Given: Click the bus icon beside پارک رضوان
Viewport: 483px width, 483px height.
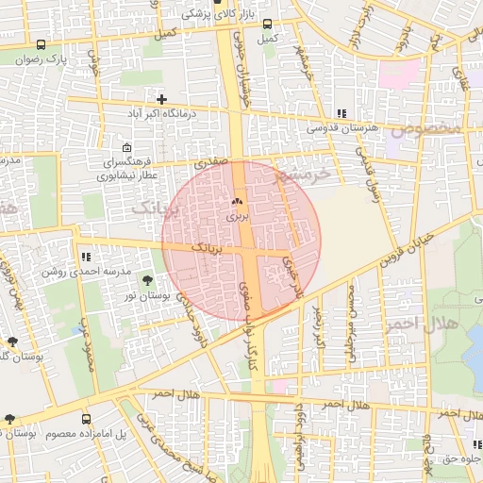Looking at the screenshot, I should tap(40, 44).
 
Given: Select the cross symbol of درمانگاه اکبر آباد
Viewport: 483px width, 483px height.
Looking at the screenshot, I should tap(162, 98).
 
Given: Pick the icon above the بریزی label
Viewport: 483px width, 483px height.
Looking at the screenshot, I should tap(237, 202).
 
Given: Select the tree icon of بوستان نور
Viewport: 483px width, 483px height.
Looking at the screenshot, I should tap(146, 280).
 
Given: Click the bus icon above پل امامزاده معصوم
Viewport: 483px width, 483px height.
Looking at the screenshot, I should tap(87, 419).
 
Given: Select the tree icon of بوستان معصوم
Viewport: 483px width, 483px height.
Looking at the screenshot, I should tap(9, 419).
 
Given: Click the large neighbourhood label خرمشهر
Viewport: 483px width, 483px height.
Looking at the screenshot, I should tap(303, 175).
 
